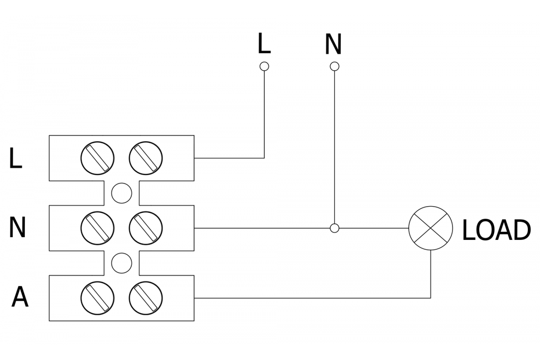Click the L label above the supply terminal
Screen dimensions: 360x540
(x=264, y=44)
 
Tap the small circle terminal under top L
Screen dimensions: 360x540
(x=264, y=66)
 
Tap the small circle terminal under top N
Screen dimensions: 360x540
(x=334, y=66)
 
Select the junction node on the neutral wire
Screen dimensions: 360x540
(x=334, y=228)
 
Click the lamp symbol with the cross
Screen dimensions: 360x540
(x=431, y=228)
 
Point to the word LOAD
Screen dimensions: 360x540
(x=496, y=230)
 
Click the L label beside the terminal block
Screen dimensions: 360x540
(x=16, y=159)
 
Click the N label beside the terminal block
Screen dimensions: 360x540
(x=17, y=228)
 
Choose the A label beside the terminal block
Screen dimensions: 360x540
(x=20, y=297)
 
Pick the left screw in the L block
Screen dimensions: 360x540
(x=98, y=158)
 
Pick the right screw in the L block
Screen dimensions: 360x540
(x=146, y=158)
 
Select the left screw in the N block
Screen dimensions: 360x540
(x=98, y=228)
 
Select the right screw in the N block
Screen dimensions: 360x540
(x=146, y=228)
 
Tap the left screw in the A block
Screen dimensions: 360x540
(x=98, y=297)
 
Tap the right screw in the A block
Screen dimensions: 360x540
(x=146, y=297)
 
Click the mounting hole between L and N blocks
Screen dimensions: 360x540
(x=122, y=193)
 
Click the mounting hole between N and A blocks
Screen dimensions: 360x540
(x=122, y=262)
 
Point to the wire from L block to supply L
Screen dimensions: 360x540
(x=229, y=158)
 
